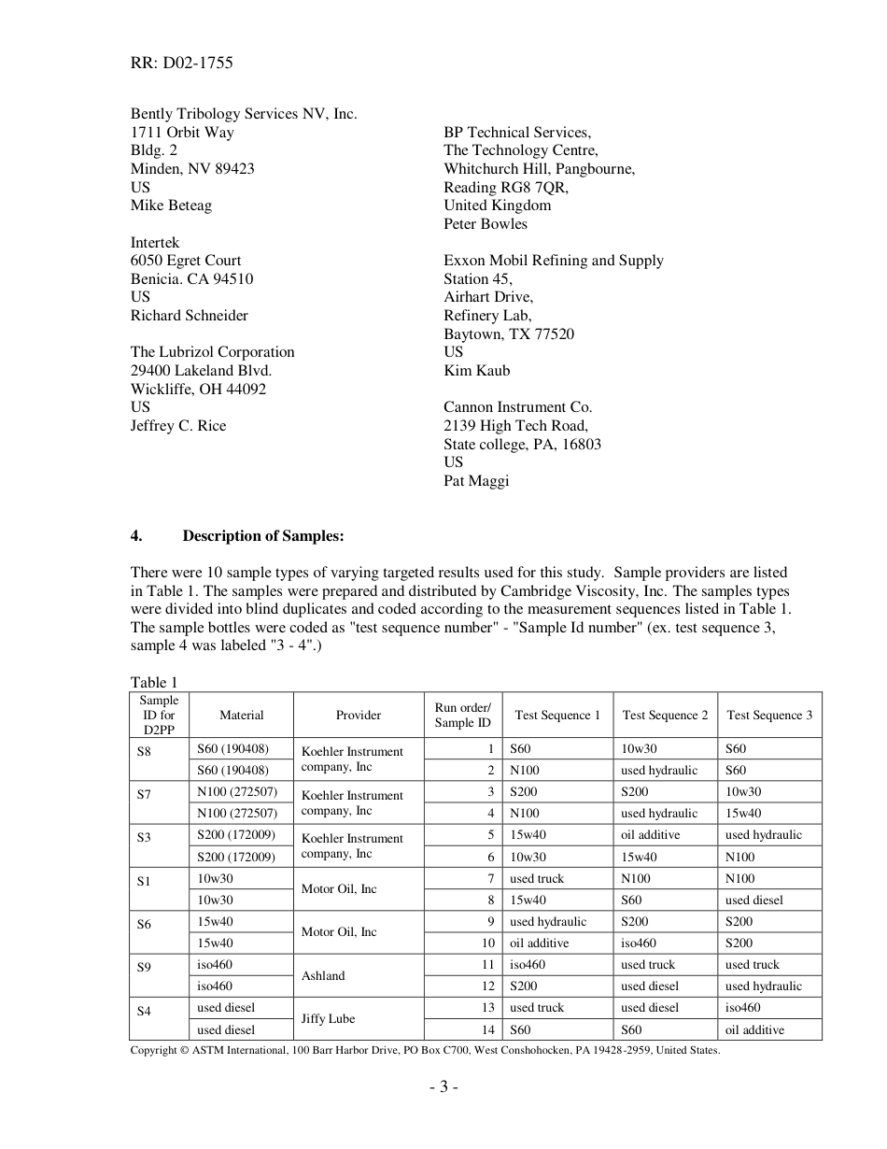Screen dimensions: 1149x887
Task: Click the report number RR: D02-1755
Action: pyautogui.click(x=181, y=64)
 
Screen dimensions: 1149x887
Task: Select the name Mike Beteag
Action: pyautogui.click(x=171, y=206)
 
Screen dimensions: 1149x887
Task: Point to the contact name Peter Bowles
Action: pyautogui.click(x=485, y=224)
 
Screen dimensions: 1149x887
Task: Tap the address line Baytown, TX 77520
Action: pyautogui.click(x=509, y=333)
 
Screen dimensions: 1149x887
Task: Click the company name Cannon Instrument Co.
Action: pyautogui.click(x=517, y=407)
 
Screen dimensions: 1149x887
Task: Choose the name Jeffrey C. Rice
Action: pyautogui.click(x=177, y=426)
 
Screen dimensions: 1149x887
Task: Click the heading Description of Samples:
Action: pyautogui.click(x=263, y=536)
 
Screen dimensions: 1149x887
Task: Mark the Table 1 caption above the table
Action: pyautogui.click(x=153, y=683)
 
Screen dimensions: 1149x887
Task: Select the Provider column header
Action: pyautogui.click(x=359, y=716)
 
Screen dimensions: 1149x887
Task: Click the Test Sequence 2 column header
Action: pyautogui.click(x=665, y=716)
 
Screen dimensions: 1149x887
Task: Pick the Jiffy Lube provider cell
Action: pyautogui.click(x=327, y=1019)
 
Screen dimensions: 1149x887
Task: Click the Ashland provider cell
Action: pyautogui.click(x=323, y=976)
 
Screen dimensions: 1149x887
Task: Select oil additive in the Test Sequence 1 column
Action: pyautogui.click(x=539, y=943)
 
